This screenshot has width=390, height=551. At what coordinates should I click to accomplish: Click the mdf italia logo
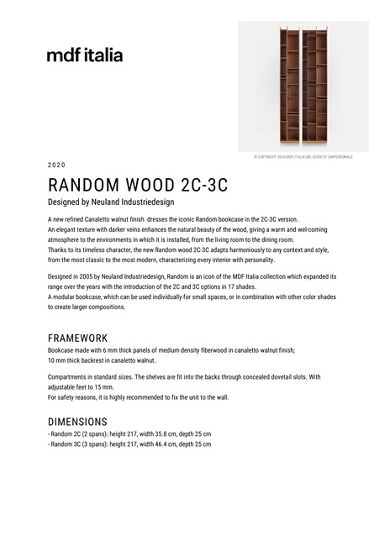[x=85, y=55]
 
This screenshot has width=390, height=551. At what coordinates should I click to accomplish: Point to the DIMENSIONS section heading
[x=77, y=421]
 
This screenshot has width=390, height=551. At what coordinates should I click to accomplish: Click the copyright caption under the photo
[x=303, y=157]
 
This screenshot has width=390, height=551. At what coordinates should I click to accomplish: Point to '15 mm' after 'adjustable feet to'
[x=104, y=387]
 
